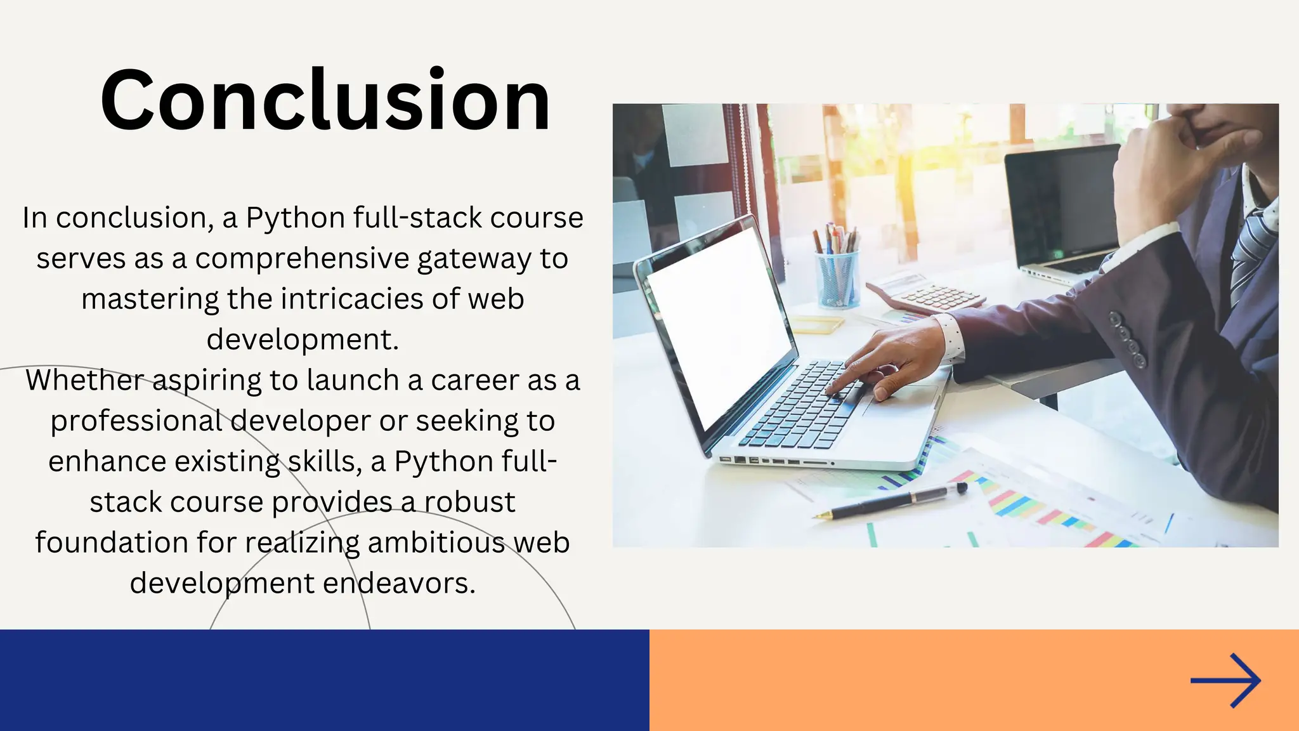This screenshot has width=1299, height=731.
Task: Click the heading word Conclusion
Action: [x=325, y=100]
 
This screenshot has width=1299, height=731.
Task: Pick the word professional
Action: [x=136, y=421]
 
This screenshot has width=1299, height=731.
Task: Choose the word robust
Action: [x=469, y=502]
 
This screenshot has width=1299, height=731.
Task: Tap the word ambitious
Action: [x=436, y=543]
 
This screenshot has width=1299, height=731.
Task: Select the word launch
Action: [x=352, y=380]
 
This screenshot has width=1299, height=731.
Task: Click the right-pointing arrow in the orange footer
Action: [x=1225, y=680]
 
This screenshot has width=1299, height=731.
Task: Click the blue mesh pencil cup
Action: [x=837, y=279]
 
